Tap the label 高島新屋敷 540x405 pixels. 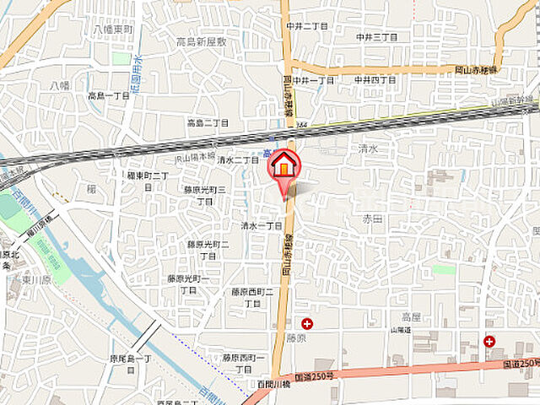pyautogui.click(x=202, y=42)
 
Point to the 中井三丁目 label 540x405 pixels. pyautogui.click(x=376, y=37)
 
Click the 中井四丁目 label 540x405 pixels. pyautogui.click(x=375, y=80)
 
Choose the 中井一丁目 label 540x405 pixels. pyautogui.click(x=314, y=80)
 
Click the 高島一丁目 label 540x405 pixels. pyautogui.click(x=109, y=96)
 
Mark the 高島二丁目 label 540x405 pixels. pyautogui.click(x=208, y=123)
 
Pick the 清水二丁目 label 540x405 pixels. pyautogui.click(x=238, y=159)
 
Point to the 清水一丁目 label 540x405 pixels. pyautogui.click(x=262, y=226)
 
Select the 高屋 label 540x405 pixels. pyautogui.click(x=411, y=316)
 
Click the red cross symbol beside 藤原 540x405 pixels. pyautogui.click(x=306, y=323)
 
